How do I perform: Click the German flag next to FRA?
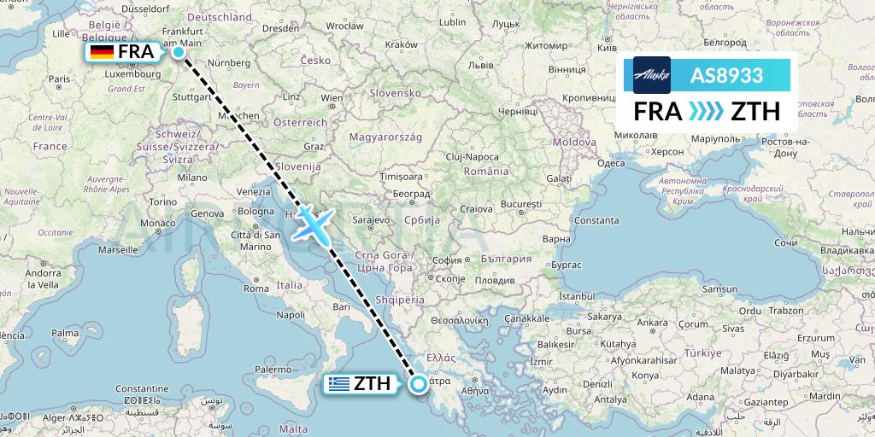(x=103, y=52)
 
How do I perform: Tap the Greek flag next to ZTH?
(x=339, y=384)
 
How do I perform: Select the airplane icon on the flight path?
(x=314, y=224)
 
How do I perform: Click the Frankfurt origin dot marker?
(x=179, y=51)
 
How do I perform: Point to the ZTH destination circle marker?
(x=419, y=384)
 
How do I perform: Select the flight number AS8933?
(x=726, y=75)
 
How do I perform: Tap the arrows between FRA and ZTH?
(x=706, y=112)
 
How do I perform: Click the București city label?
(x=521, y=205)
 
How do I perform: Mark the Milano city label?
(x=193, y=177)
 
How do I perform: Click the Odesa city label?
(x=610, y=162)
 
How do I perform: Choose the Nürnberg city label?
(x=232, y=62)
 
